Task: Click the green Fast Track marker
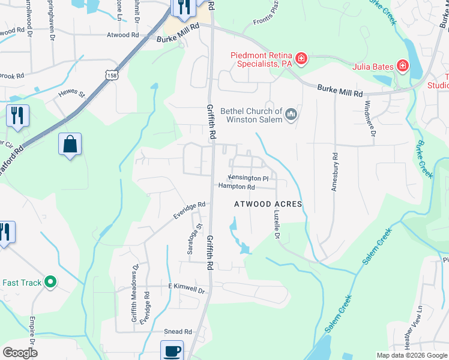(x=51, y=281)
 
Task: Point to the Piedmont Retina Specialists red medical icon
(x=301, y=59)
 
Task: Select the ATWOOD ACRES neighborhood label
(x=267, y=205)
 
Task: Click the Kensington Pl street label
(x=252, y=178)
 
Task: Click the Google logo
(x=20, y=353)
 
